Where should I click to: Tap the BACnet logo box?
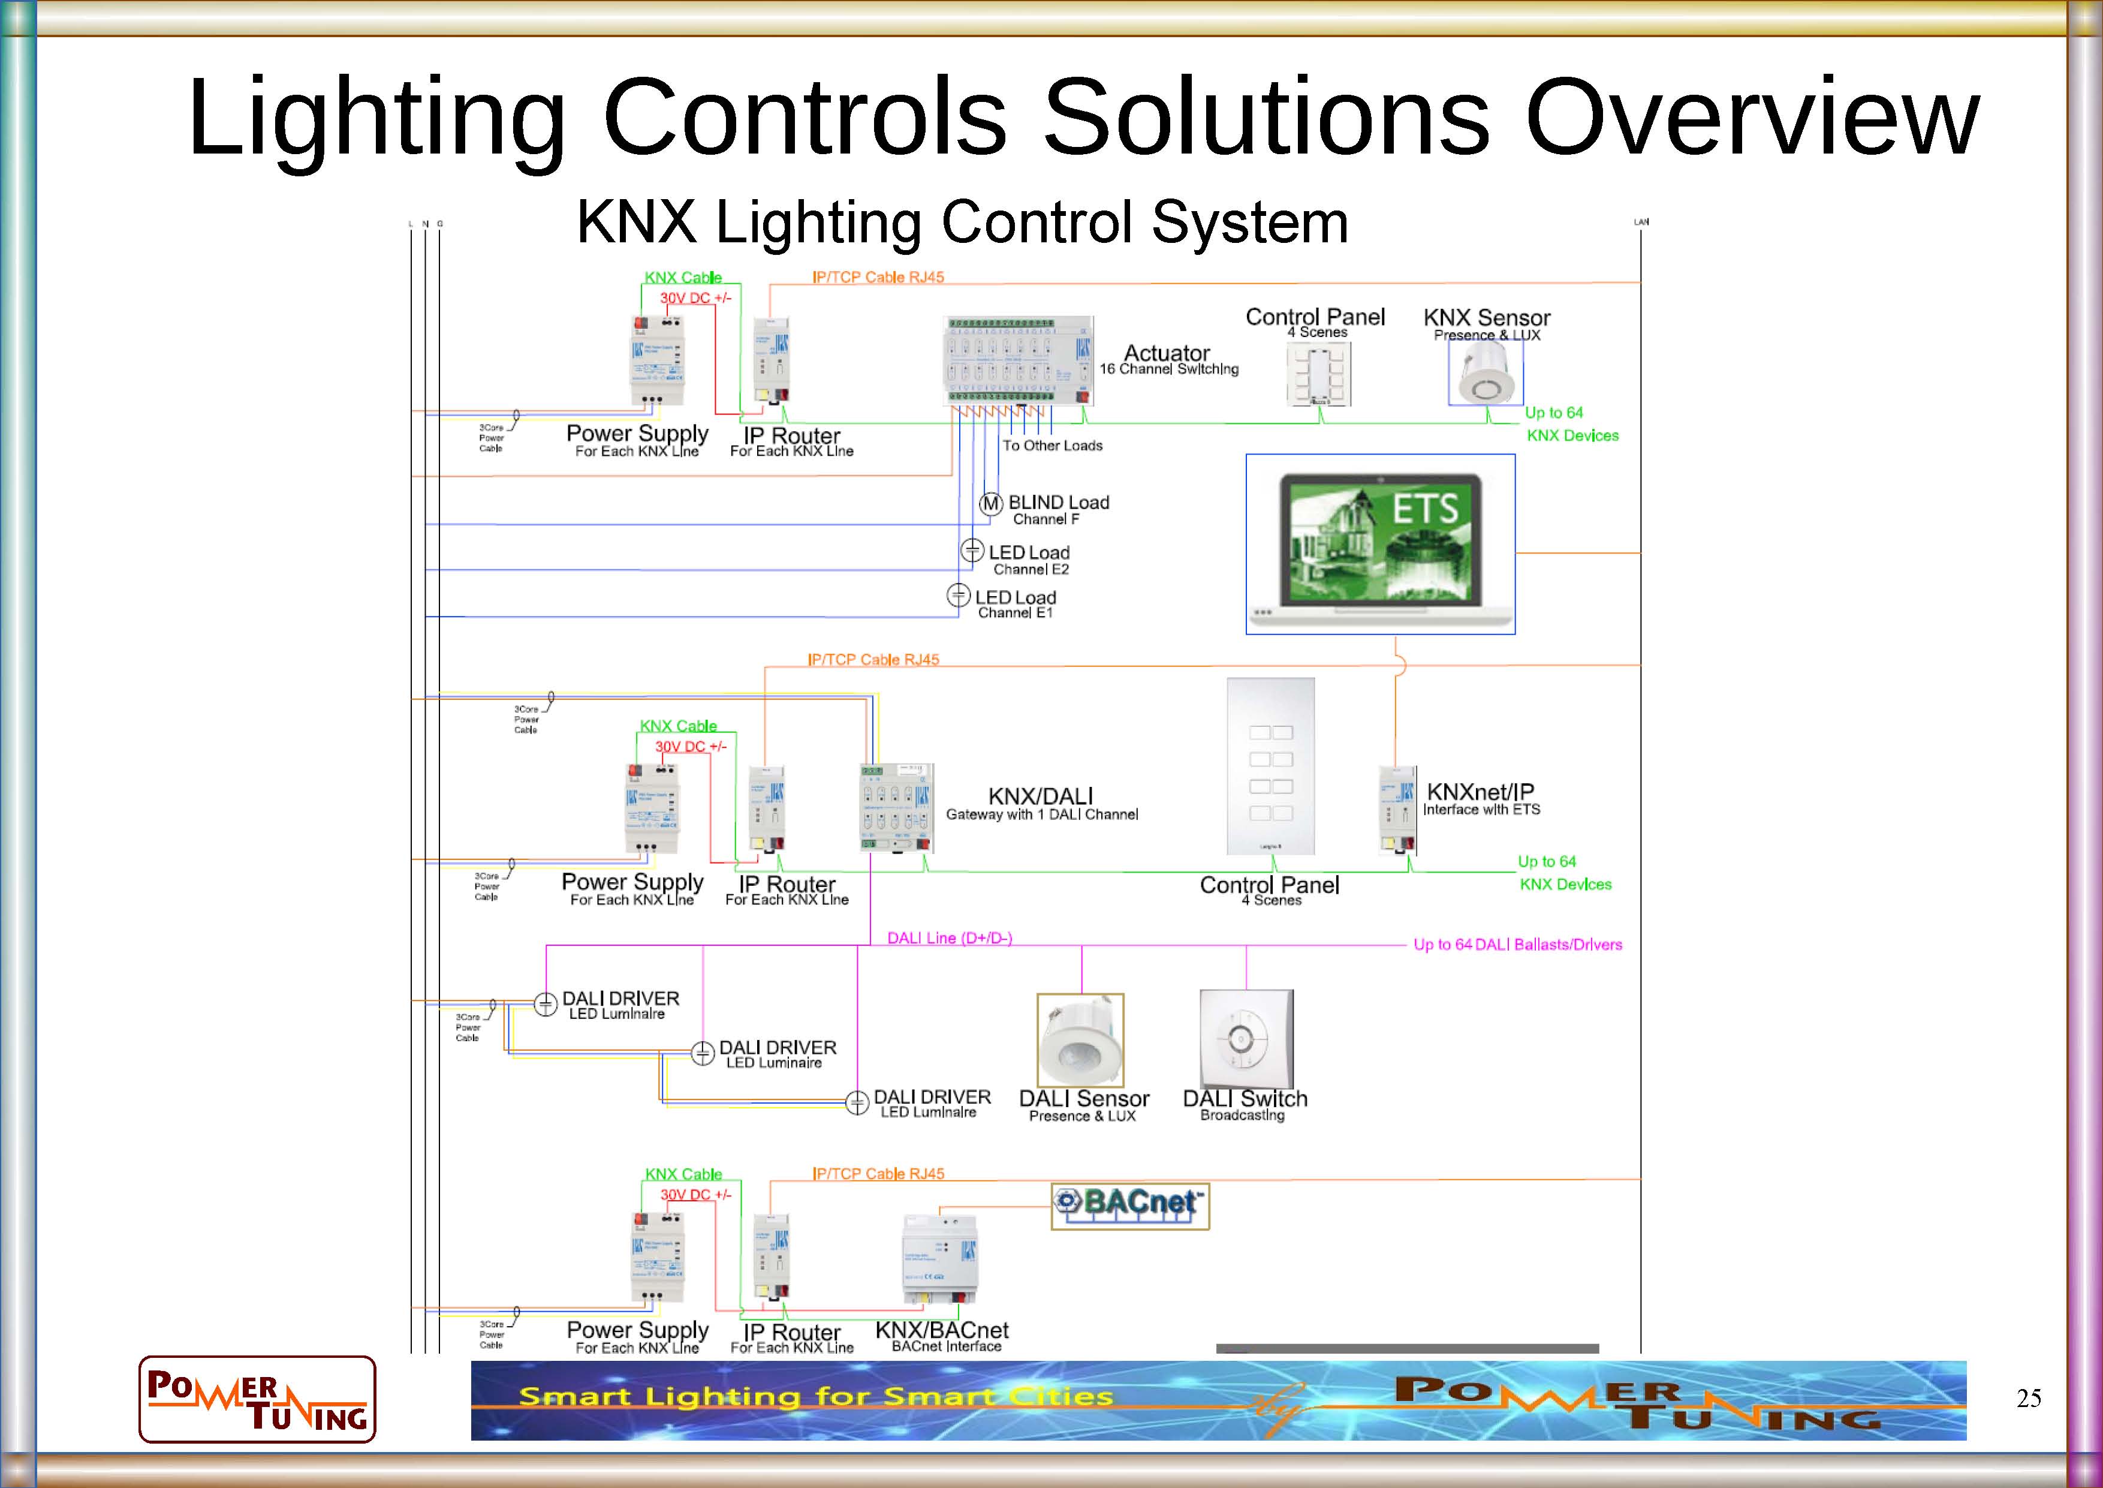(x=1129, y=1206)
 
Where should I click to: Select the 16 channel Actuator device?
(x=1017, y=361)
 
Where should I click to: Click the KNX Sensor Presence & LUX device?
(x=1485, y=373)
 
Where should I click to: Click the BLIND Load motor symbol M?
(x=990, y=504)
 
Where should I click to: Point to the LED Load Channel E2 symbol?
(x=972, y=551)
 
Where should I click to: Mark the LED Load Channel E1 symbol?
(x=958, y=596)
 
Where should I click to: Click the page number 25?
(x=2028, y=1398)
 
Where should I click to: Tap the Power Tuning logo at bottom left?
(x=257, y=1399)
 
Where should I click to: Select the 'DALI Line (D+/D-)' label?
(x=949, y=938)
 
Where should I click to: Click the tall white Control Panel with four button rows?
(x=1270, y=766)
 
